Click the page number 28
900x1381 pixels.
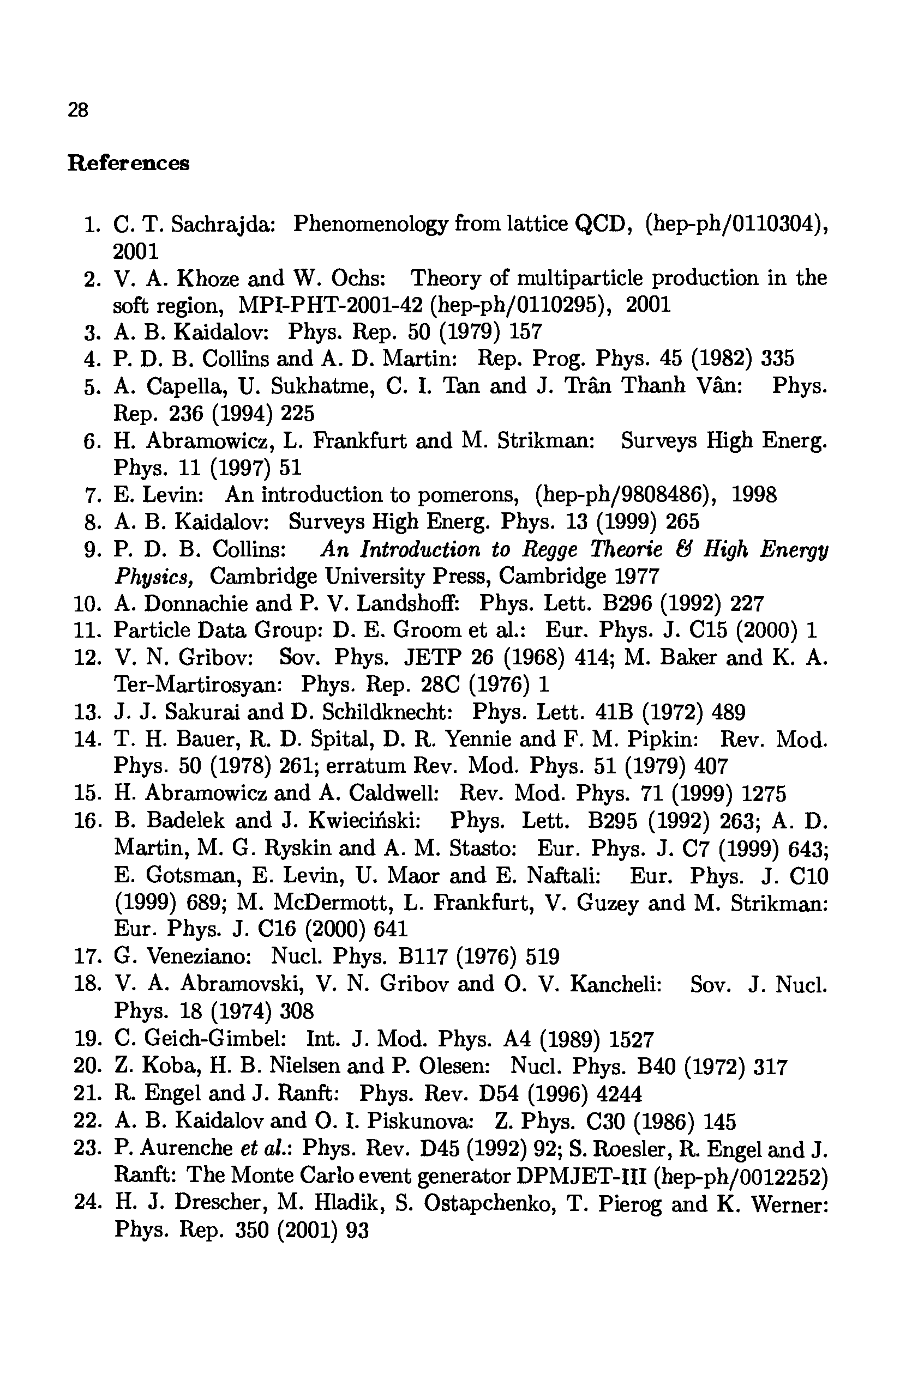point(78,110)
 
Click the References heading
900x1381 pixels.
point(128,163)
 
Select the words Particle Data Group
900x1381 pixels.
point(218,630)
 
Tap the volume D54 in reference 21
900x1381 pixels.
point(497,1094)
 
